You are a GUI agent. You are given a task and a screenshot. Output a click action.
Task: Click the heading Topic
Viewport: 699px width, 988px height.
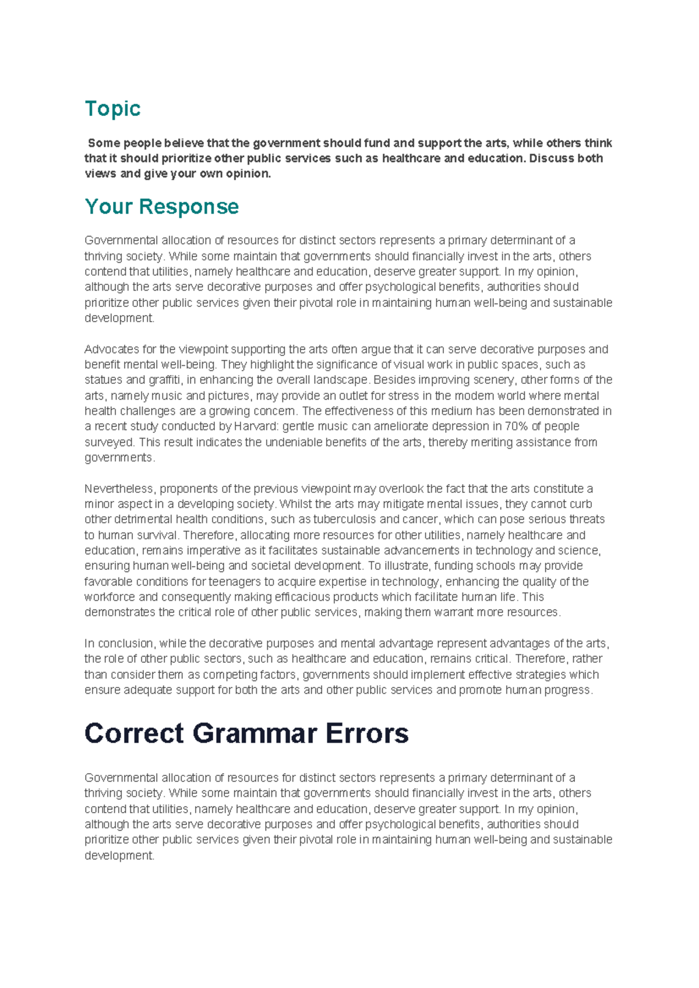[112, 109]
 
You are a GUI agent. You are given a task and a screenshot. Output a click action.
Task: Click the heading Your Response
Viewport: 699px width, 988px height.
[161, 207]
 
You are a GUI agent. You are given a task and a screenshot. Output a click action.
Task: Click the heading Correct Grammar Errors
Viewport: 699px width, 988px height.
[246, 733]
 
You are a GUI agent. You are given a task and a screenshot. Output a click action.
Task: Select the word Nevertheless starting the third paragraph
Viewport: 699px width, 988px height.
[119, 489]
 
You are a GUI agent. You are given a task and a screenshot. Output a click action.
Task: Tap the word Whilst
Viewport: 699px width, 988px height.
[297, 504]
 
